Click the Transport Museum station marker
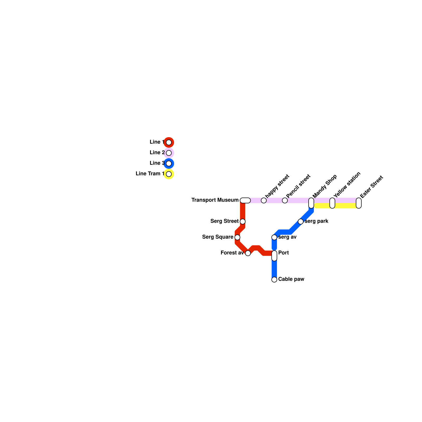[x=245, y=200]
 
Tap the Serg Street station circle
[x=243, y=222]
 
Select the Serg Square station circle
[x=237, y=237]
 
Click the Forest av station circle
[x=248, y=253]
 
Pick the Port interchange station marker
[x=274, y=256]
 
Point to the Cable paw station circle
[x=274, y=280]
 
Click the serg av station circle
[x=274, y=237]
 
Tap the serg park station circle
[x=301, y=222]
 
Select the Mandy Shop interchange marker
[x=311, y=203]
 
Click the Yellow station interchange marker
[x=332, y=203]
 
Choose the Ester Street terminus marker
[x=359, y=203]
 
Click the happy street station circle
[x=264, y=200]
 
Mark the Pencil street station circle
[x=285, y=200]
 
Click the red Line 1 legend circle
[x=169, y=142]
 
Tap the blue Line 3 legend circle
[x=169, y=164]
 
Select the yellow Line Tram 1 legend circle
[x=169, y=174]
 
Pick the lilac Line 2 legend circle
[x=169, y=153]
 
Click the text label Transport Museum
[x=215, y=200]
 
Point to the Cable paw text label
[x=291, y=279]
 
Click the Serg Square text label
[x=218, y=237]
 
